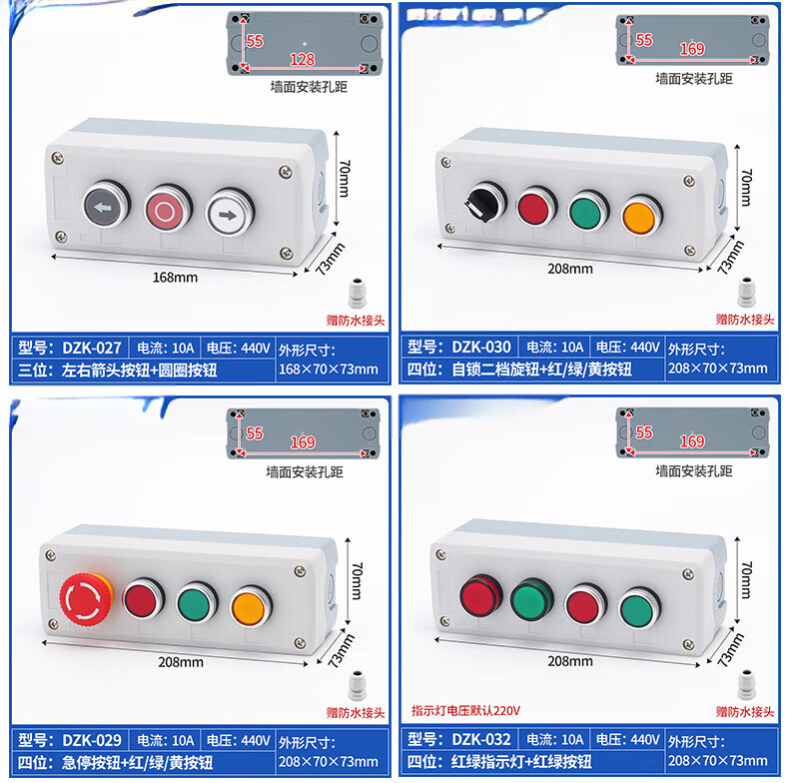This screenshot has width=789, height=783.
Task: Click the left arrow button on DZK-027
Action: coord(106,207)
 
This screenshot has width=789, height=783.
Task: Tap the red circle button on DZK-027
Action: coord(168,210)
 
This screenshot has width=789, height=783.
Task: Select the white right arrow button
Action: coord(230,213)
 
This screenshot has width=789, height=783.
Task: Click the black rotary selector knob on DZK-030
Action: coord(484,203)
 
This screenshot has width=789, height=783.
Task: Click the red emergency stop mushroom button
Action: coord(87,599)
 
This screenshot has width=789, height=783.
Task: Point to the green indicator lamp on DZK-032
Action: coord(532,599)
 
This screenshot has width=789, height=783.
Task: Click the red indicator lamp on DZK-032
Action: coord(480,596)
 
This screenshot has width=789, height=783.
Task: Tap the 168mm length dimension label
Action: coord(175,278)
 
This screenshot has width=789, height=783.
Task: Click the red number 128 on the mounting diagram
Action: coord(302,60)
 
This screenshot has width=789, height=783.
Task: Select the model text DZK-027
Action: coord(92,348)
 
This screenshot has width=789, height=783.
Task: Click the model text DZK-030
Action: coord(481,347)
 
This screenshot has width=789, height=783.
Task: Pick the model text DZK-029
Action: coord(92,740)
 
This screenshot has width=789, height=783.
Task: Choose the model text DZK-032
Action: coord(481,739)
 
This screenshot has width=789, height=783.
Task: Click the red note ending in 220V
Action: coord(465,710)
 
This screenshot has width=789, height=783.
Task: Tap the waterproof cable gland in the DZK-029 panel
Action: coord(357,685)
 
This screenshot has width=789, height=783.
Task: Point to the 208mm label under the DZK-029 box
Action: coord(181,662)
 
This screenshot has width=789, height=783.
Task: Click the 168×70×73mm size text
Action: coord(328,370)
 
